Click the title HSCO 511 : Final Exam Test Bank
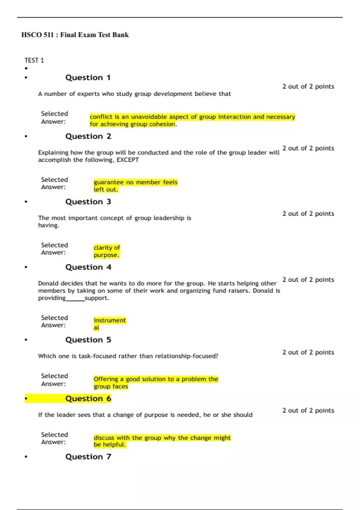[75, 35]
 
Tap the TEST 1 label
[34, 60]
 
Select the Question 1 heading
[88, 78]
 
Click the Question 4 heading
[88, 267]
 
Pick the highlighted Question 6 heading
[88, 399]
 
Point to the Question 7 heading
[88, 457]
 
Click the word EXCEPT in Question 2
[127, 160]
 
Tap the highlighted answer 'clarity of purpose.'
[106, 251]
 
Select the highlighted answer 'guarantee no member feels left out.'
[135, 186]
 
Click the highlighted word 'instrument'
[109, 320]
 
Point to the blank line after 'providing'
[75, 299]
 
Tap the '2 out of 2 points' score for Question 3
[308, 214]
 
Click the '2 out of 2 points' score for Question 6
[308, 410]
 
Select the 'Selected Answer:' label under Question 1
[54, 118]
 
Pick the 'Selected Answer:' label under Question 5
[54, 380]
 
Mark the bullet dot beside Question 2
[26, 136]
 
